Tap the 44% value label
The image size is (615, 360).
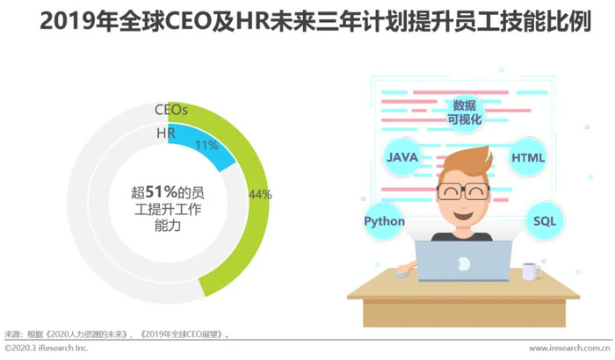click(x=260, y=194)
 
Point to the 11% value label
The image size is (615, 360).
click(x=206, y=146)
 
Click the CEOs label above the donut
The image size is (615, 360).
click(x=171, y=110)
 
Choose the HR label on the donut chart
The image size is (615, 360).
click(x=166, y=133)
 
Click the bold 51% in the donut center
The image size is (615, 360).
click(x=161, y=192)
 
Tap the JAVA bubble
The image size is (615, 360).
click(x=402, y=157)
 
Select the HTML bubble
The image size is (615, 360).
click(x=528, y=158)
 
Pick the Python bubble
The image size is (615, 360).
click(x=384, y=221)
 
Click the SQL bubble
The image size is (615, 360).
click(x=545, y=221)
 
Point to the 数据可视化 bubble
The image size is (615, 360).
click(x=465, y=112)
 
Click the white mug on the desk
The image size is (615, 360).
click(x=531, y=271)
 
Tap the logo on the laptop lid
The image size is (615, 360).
click(x=463, y=263)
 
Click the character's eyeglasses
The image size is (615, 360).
click(x=463, y=191)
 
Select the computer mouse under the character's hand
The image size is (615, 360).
click(x=402, y=273)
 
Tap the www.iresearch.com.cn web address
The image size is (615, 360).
click(x=569, y=349)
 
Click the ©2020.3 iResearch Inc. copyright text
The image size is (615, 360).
click(x=47, y=348)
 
